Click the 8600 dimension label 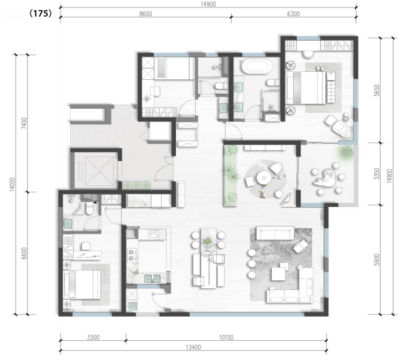145,14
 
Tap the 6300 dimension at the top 294,14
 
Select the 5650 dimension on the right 377,90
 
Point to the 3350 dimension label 377,174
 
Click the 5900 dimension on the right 377,259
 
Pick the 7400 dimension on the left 24,123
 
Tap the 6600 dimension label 24,253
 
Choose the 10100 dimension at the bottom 226,337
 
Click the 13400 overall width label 193,347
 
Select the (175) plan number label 41,13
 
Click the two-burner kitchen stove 132,255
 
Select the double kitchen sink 152,278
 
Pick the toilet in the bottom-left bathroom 89,208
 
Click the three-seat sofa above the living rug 275,233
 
